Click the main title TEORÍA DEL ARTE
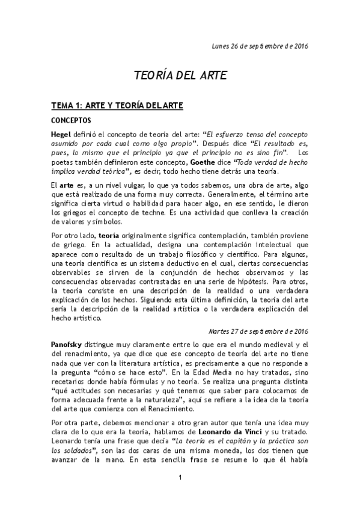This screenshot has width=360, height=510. (180, 77)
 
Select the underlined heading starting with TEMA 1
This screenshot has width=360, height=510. (117, 105)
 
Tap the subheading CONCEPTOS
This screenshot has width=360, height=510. (70, 120)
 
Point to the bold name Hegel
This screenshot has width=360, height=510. (62, 134)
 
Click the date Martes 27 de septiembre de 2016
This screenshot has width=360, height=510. (258, 331)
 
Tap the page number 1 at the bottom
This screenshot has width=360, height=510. (180, 494)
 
